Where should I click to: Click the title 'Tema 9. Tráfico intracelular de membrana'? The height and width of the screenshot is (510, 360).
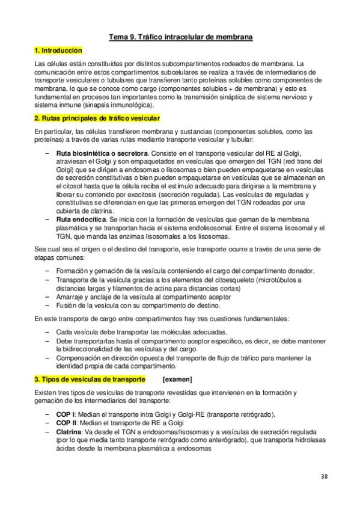(180, 37)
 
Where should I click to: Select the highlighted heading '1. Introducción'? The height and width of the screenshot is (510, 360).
(58, 51)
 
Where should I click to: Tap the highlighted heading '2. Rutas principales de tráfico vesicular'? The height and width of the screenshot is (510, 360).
(96, 117)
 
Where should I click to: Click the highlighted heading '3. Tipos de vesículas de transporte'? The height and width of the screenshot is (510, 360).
(90, 379)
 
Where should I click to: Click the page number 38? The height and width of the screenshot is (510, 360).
(324, 476)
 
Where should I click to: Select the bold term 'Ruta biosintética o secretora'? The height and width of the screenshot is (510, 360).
(102, 153)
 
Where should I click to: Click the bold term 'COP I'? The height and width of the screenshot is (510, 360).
(65, 414)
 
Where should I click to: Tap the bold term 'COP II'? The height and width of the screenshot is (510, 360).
(66, 422)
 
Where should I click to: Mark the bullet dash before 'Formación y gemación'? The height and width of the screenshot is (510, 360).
(48, 271)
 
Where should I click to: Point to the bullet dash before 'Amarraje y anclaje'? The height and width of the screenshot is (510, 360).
(48, 296)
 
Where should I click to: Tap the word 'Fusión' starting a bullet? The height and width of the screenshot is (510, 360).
(66, 305)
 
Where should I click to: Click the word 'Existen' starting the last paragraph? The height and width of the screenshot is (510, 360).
(46, 393)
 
